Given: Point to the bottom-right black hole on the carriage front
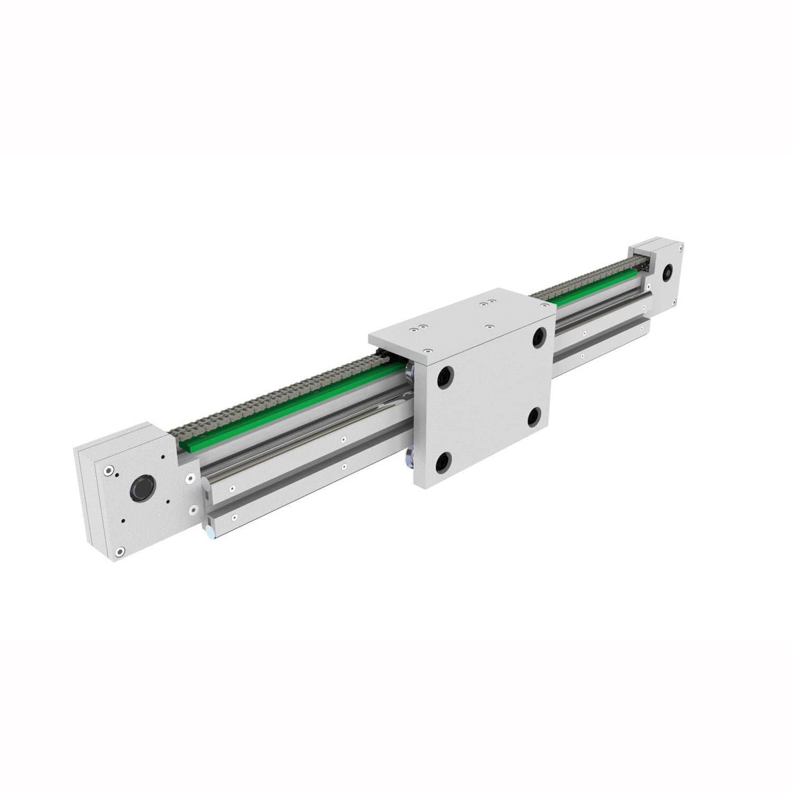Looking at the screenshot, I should (x=534, y=417).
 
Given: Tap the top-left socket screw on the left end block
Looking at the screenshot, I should (x=109, y=470).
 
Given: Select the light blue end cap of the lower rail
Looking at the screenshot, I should (x=210, y=535).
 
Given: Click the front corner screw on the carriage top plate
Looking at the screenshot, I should (x=427, y=351).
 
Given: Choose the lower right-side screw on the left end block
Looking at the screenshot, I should (x=193, y=510).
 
